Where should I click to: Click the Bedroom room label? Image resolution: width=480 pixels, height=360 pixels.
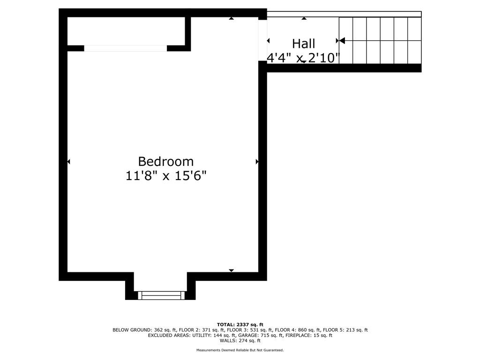tap(165, 161)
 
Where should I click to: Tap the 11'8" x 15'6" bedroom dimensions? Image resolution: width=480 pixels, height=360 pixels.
tap(166, 176)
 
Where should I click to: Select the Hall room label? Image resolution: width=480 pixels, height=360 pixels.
tap(303, 44)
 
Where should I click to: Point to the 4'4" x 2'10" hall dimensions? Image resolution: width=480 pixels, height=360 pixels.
tap(303, 58)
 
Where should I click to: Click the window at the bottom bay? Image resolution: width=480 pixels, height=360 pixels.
tap(161, 295)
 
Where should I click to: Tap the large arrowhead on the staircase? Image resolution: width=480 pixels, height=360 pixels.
tap(342, 40)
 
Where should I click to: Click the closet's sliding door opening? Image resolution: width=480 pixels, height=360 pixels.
tap(126, 48)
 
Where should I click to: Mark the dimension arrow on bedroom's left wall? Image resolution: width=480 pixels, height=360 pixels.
tap(68, 161)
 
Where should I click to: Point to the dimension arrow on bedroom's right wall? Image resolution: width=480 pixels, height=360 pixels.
tap(257, 161)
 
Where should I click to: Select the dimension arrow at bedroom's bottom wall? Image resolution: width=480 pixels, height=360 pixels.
tap(232, 270)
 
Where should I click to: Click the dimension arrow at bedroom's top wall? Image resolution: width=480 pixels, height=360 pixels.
tap(232, 18)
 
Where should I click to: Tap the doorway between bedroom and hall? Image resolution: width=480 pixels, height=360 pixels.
tap(262, 40)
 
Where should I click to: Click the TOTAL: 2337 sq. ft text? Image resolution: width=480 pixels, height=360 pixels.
tap(240, 324)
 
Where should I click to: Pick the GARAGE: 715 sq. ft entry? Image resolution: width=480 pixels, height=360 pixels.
tap(261, 335)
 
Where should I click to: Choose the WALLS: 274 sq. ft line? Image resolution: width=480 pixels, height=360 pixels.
tap(240, 340)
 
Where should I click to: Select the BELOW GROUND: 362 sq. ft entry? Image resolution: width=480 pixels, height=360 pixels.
tap(144, 330)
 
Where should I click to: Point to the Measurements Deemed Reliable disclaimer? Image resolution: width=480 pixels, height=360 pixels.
tap(240, 350)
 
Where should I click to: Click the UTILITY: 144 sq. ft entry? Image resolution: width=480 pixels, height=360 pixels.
tap(214, 335)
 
